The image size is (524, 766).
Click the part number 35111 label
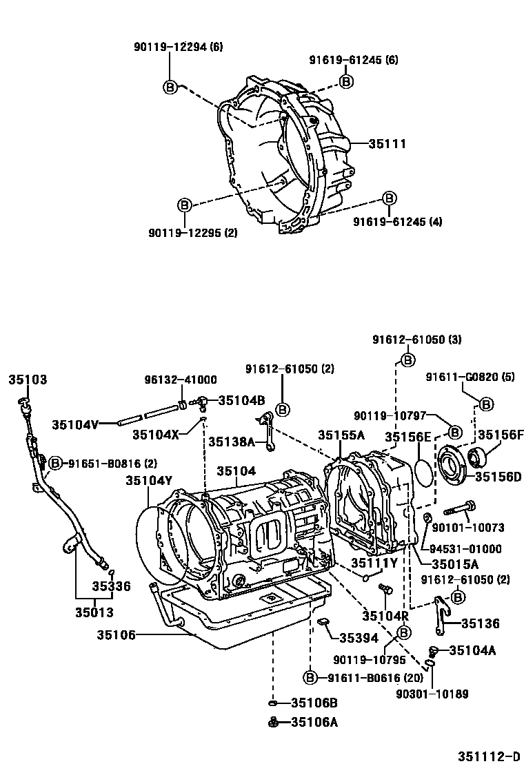point(387,144)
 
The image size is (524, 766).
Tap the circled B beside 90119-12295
point(184,205)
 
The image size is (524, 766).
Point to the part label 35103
point(28,380)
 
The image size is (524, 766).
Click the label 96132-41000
point(180,380)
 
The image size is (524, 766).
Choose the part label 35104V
point(75,424)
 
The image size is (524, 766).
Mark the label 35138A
point(232,442)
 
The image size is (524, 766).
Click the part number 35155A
point(341,435)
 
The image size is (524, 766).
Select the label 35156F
point(501,435)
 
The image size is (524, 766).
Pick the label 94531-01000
point(465,549)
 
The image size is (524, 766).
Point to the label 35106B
point(314,703)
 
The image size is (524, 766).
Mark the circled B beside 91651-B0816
point(55,464)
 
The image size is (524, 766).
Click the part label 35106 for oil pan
point(114,634)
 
